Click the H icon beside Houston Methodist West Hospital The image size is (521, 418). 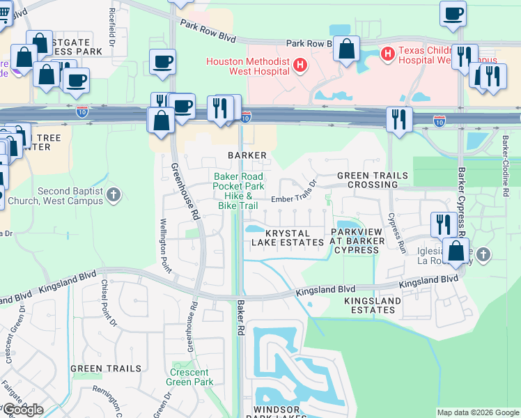coord(300,65)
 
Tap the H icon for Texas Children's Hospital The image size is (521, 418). coord(388,52)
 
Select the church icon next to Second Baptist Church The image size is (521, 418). coord(114,196)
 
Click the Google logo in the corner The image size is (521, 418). coord(22,410)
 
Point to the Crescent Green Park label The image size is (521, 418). coord(191,377)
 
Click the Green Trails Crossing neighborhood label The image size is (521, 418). coord(366,180)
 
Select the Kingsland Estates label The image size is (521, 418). coord(373,305)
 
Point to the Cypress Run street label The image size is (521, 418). coord(396,232)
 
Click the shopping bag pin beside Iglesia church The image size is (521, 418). coord(456,251)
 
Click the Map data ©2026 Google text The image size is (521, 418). coord(477,412)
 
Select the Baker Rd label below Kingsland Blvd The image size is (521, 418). coord(241,313)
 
